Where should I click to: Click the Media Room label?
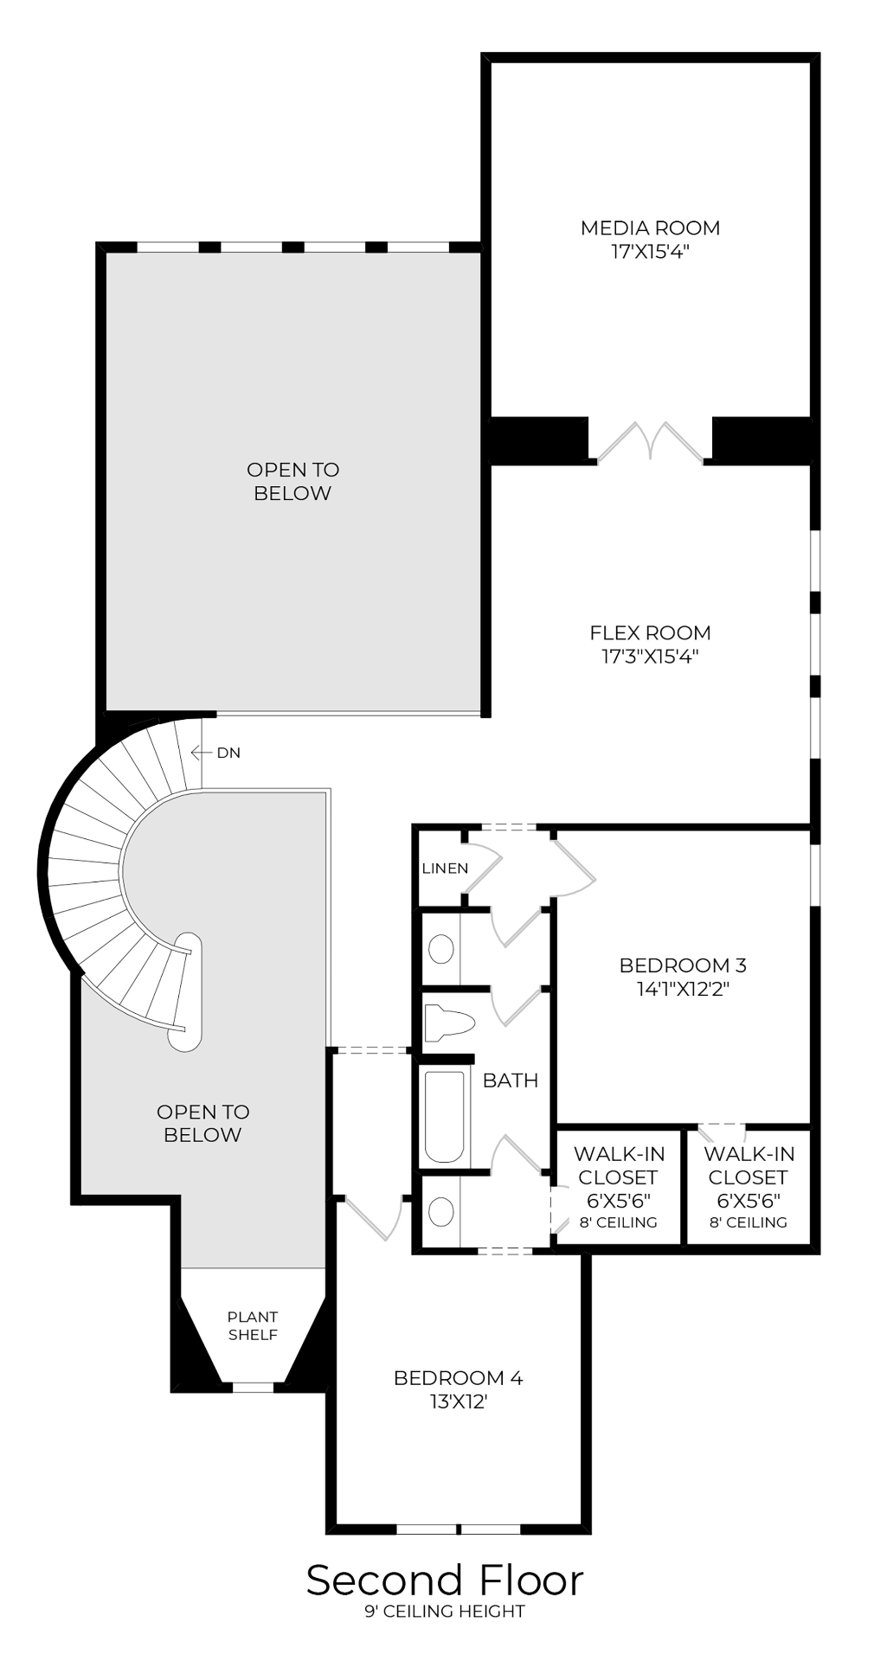[x=650, y=228]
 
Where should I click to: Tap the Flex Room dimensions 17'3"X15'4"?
[x=650, y=656]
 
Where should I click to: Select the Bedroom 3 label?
[x=682, y=965]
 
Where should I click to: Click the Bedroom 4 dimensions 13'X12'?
[x=459, y=1401]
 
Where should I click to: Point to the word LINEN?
[x=445, y=868]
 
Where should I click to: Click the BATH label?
[x=510, y=1080]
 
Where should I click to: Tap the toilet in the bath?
[x=450, y=1023]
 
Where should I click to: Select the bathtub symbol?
[x=444, y=1117]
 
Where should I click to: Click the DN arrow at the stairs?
[x=202, y=753]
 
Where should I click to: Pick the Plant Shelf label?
[x=253, y=1324]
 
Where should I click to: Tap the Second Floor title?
[x=445, y=1581]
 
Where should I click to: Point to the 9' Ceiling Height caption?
[x=445, y=1611]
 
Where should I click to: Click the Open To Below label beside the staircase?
[x=202, y=1123]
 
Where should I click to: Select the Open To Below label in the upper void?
[x=292, y=481]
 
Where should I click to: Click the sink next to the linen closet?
[x=441, y=949]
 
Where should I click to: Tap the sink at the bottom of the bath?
[x=441, y=1211]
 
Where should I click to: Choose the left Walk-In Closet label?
[x=618, y=1165]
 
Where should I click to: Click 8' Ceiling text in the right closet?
[x=748, y=1222]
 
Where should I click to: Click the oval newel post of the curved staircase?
[x=185, y=991]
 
